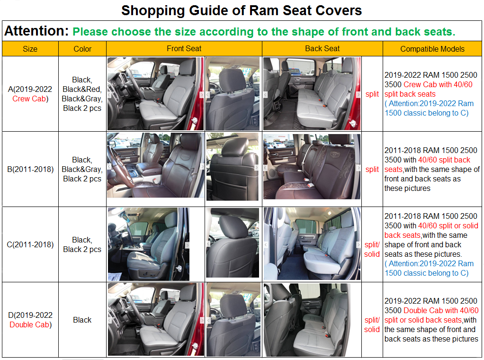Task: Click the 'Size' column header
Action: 30,49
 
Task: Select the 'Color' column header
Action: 82,49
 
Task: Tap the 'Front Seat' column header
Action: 184,48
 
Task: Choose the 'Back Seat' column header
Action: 322,48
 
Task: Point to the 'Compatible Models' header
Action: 432,49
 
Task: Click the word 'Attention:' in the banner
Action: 36,31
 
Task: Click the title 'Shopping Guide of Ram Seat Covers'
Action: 242,10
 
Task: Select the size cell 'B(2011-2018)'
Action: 30,169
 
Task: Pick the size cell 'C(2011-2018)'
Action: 30,244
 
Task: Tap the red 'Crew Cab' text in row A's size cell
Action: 29,99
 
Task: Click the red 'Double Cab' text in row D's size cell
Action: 29,324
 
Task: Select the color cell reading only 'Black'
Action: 82,320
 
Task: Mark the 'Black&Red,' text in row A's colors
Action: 82,89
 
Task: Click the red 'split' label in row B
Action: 372,169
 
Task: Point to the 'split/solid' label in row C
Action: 372,249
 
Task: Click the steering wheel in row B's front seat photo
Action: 119,167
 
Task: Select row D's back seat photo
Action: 307,320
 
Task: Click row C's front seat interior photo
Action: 149,244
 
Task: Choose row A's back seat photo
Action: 312,93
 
